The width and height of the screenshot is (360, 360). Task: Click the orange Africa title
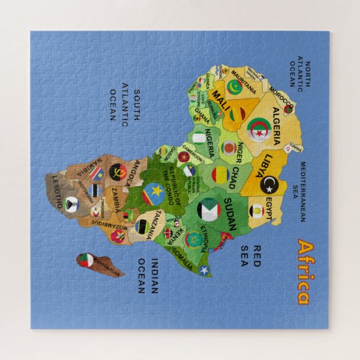[303, 272]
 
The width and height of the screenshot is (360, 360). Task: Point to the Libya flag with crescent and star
[269, 183]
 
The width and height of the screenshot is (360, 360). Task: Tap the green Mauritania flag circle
[234, 87]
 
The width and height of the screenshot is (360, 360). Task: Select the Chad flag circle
[219, 175]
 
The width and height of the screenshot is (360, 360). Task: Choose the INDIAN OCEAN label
[147, 276]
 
